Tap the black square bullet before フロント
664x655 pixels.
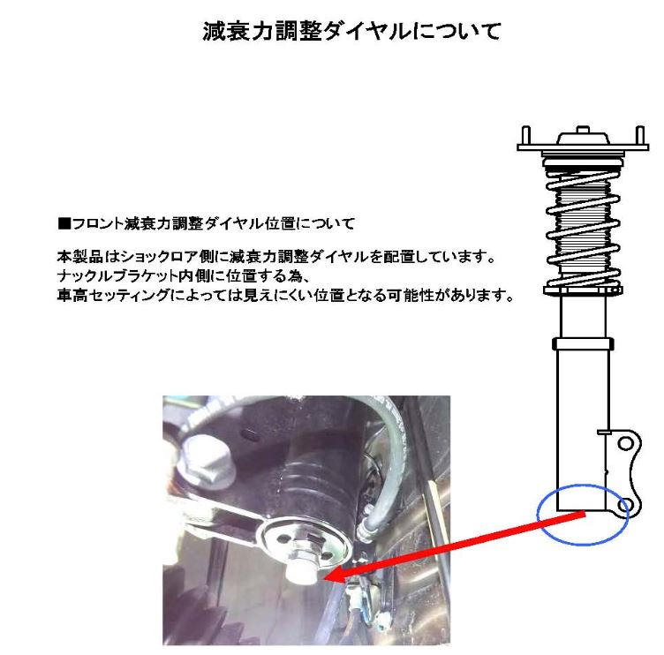click(x=64, y=223)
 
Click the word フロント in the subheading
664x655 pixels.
click(x=97, y=223)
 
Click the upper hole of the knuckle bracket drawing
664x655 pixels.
click(x=625, y=444)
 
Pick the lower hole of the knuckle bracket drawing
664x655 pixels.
click(x=625, y=505)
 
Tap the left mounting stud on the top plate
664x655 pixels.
click(x=525, y=135)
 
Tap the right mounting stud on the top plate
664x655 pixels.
click(x=640, y=135)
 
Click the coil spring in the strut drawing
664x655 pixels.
click(x=583, y=229)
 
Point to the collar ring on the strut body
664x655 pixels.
click(x=583, y=343)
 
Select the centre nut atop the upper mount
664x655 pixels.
click(x=583, y=130)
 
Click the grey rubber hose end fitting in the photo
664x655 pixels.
click(x=365, y=530)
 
